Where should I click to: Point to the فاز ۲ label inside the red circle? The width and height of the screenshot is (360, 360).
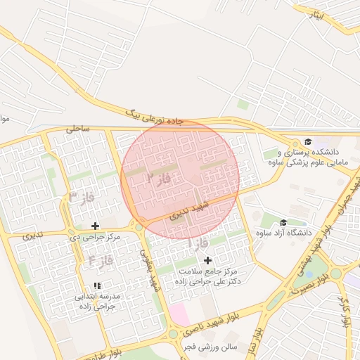[x=158, y=179]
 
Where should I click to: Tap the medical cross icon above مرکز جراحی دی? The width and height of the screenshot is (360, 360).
[x=96, y=226]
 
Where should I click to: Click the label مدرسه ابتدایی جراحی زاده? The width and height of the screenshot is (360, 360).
[x=98, y=302]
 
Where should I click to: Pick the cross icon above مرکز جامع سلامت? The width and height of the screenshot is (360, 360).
[x=207, y=260]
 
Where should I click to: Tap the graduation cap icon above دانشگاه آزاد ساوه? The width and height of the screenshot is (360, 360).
[x=283, y=222]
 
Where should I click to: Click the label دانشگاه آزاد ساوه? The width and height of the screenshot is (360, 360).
[x=283, y=233]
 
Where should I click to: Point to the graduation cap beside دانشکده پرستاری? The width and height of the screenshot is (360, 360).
[x=307, y=141]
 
